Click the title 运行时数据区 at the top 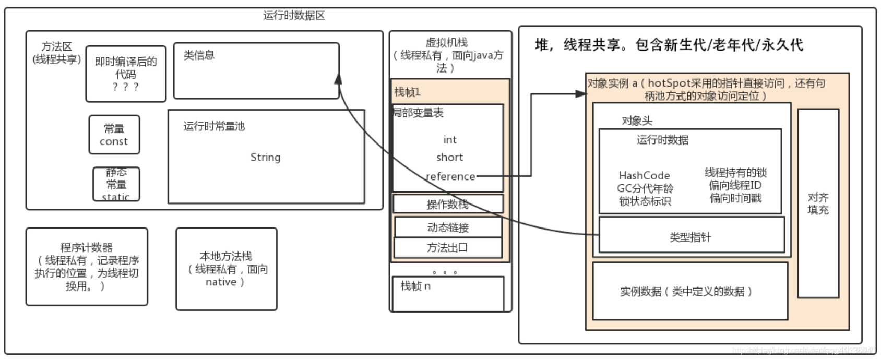click(x=294, y=16)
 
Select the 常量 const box click(x=114, y=135)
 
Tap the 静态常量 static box click(x=116, y=184)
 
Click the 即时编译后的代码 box click(x=126, y=74)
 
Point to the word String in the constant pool click(x=265, y=157)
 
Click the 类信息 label click(x=199, y=55)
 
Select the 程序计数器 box click(x=87, y=267)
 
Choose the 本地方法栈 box click(x=226, y=269)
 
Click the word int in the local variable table click(x=450, y=140)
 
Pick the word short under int click(x=449, y=157)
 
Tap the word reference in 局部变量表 click(x=450, y=176)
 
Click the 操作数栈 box click(x=448, y=204)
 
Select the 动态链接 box click(x=448, y=227)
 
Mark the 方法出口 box click(x=448, y=248)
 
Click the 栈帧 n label click(x=415, y=286)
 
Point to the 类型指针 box click(x=690, y=237)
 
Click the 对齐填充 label click(x=818, y=203)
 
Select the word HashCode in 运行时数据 click(x=644, y=175)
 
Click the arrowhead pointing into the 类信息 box click(x=338, y=78)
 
